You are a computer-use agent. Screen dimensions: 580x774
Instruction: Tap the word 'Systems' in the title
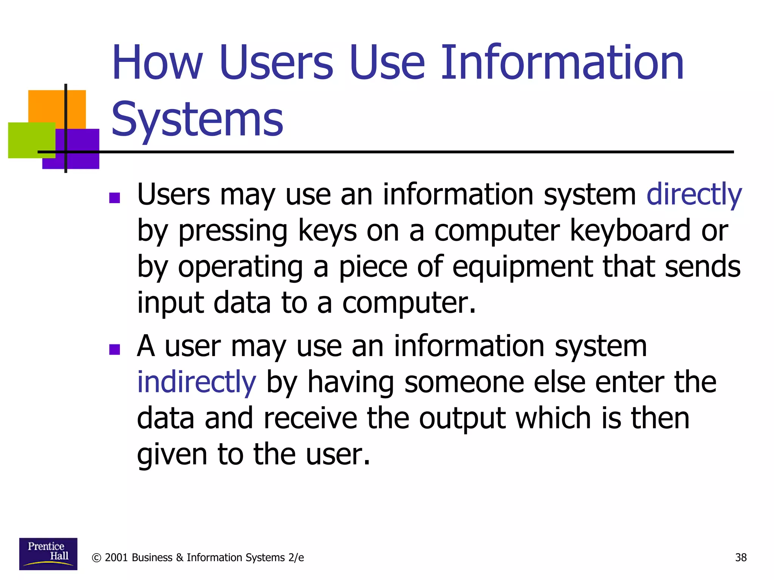(197, 119)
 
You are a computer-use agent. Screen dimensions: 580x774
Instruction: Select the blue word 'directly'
(694, 194)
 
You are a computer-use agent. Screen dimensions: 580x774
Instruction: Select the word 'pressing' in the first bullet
(233, 231)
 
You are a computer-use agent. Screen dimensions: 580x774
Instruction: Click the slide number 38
(741, 557)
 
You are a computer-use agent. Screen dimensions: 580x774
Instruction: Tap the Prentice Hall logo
(48, 554)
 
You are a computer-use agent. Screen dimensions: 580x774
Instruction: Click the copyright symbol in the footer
(97, 558)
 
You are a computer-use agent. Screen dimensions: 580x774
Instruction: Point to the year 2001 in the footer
(116, 558)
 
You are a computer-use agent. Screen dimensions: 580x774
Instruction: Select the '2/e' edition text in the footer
(296, 558)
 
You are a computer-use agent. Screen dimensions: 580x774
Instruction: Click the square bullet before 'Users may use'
(115, 198)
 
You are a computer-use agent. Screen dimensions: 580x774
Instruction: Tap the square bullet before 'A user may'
(115, 349)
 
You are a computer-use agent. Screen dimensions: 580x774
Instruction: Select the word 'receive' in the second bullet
(310, 418)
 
